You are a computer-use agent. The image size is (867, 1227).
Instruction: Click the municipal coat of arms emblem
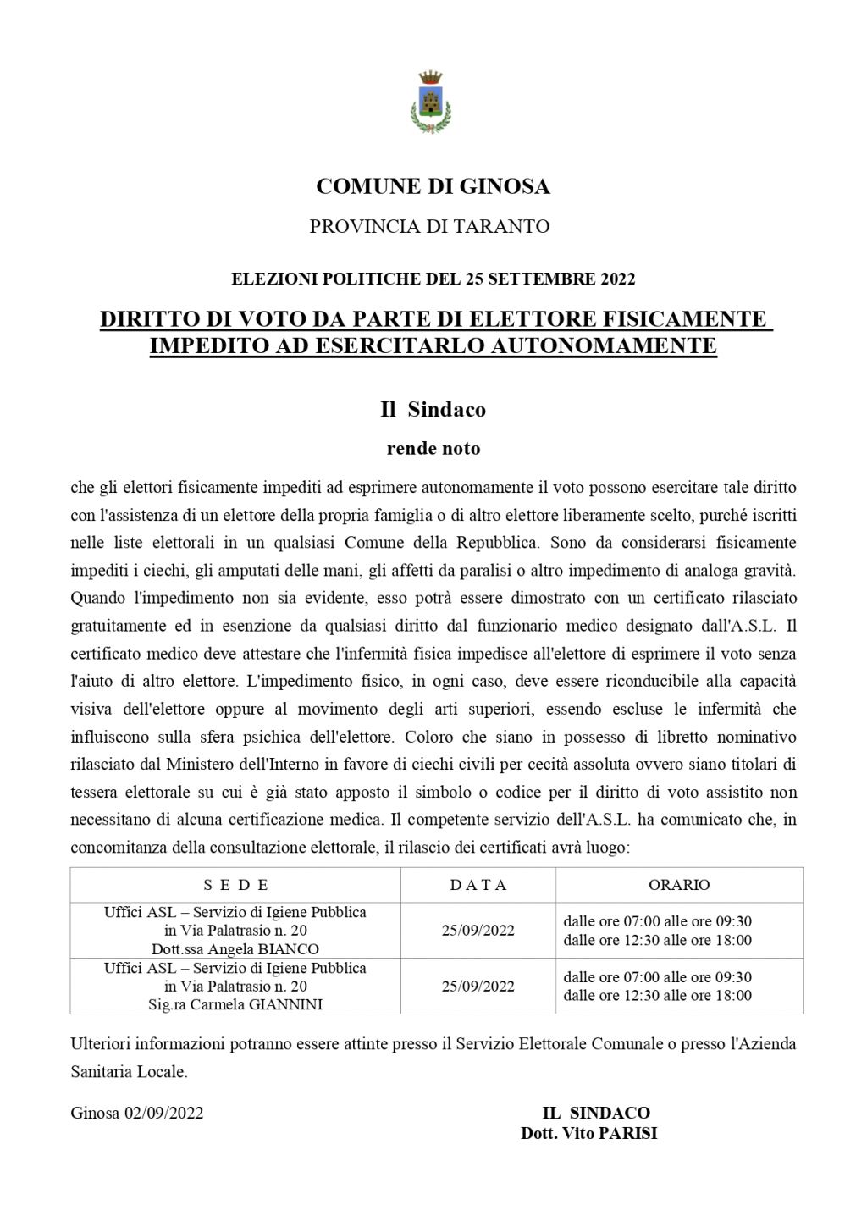pos(431,102)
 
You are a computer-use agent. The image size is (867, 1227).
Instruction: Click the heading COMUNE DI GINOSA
pos(433,186)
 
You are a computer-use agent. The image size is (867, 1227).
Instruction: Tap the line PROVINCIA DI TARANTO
pos(429,227)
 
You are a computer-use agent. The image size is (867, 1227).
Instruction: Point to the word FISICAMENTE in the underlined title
pos(693,319)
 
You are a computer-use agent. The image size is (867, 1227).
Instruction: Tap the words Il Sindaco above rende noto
pos(433,410)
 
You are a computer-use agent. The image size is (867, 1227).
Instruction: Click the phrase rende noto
pos(433,449)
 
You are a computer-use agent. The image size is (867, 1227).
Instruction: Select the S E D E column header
pos(235,885)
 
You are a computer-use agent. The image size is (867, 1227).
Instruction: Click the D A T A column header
pos(478,885)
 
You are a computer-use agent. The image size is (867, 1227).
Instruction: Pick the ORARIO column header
pos(679,885)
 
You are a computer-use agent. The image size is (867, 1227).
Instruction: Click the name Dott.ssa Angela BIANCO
pos(235,949)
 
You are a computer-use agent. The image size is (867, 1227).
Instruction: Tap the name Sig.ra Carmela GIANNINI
pos(235,1005)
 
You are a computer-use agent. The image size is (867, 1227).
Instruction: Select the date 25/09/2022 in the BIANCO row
pos(478,931)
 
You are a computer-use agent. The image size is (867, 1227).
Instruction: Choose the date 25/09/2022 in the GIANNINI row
pos(478,987)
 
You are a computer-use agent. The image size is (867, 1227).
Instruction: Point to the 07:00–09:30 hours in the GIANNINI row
pos(657,977)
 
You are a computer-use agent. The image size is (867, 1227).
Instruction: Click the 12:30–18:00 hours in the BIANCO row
pos(657,940)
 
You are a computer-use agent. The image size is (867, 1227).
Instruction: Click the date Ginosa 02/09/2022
pos(137,1114)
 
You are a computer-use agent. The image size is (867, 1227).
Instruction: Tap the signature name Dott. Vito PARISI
pos(588,1133)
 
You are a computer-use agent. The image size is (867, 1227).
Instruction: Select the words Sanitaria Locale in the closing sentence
pos(128,1072)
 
